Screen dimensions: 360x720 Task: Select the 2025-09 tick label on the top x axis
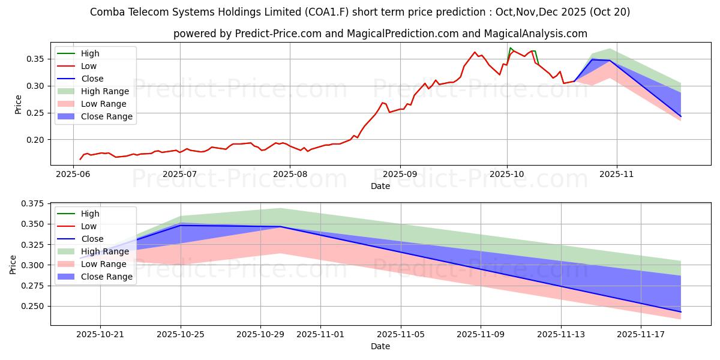tap(399, 174)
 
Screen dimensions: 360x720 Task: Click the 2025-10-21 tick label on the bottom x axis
tap(100, 334)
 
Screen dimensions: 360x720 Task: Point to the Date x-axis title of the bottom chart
tap(380, 346)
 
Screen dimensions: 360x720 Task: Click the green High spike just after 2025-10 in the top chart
tap(511, 48)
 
